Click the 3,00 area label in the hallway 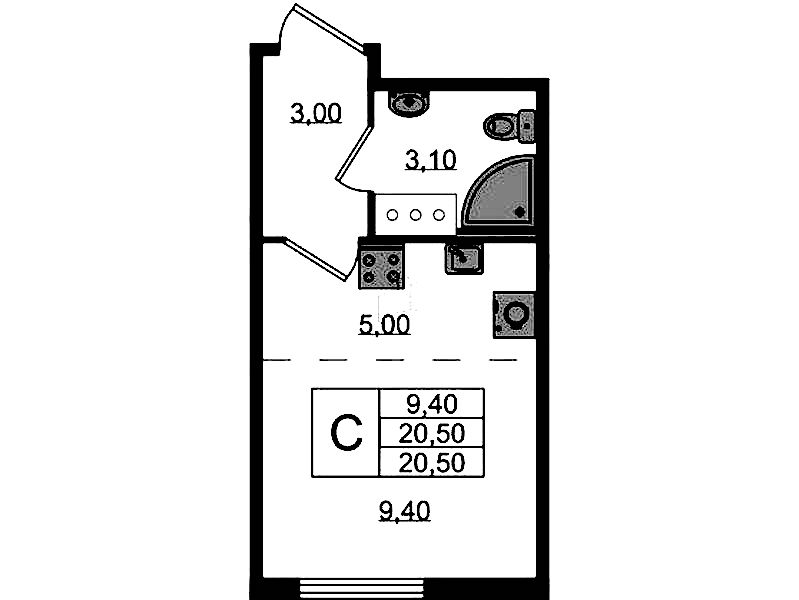(x=316, y=113)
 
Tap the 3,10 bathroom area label (x=431, y=160)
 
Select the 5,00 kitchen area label (x=384, y=324)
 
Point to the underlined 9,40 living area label (x=405, y=511)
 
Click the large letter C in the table (x=346, y=433)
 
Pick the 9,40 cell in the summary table (x=432, y=404)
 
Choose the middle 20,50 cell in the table (x=432, y=434)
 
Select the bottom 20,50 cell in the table (x=432, y=463)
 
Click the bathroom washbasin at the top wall (x=410, y=103)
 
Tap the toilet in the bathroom (x=510, y=125)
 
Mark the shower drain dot (x=519, y=212)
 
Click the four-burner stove (x=381, y=267)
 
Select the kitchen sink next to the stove (x=464, y=258)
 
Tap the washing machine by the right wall (x=514, y=314)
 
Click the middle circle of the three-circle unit (x=415, y=215)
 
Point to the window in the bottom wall (x=361, y=588)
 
